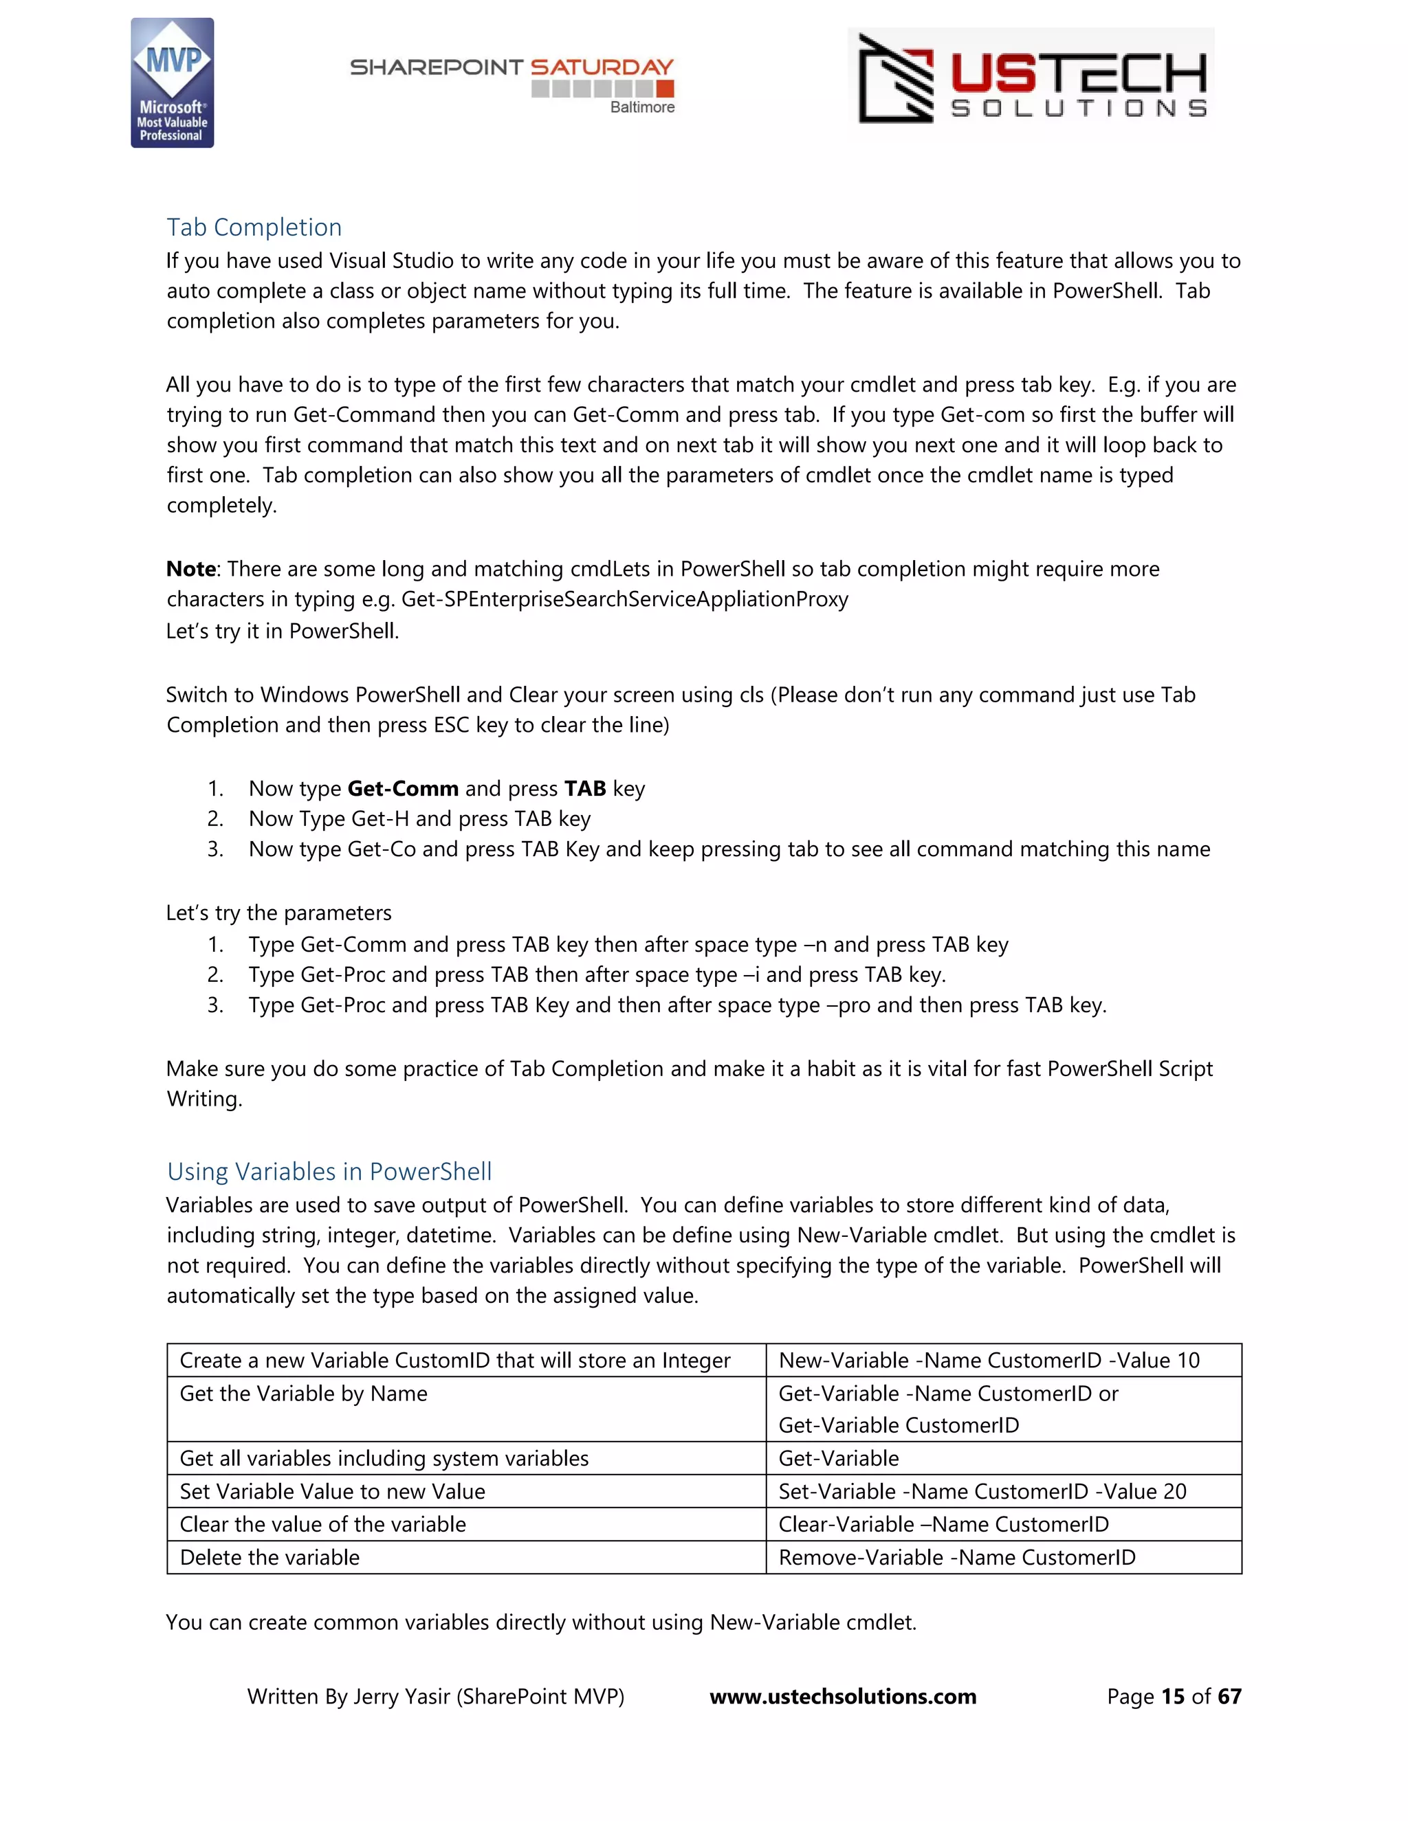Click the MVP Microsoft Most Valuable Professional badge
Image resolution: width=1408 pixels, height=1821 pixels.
point(172,83)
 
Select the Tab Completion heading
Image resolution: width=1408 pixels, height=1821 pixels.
point(254,227)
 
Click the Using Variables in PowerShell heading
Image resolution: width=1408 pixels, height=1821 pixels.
point(329,1172)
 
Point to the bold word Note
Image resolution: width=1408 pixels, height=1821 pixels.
point(191,569)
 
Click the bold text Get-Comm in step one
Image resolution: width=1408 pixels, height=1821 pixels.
point(403,789)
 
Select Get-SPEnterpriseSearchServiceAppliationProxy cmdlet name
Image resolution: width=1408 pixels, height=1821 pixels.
point(624,599)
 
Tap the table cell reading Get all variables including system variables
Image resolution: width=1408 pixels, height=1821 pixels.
point(384,1458)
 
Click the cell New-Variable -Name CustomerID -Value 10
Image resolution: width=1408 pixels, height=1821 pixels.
point(989,1361)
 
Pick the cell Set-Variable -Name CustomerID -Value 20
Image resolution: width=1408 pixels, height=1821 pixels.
point(982,1492)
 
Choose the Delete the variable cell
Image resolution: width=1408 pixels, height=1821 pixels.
point(269,1558)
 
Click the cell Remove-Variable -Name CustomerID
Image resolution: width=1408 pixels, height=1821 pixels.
point(957,1558)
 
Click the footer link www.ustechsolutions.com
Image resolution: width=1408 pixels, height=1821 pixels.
point(842,1697)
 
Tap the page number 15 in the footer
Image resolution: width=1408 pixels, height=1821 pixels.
point(1172,1697)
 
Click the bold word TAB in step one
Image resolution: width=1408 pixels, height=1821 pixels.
point(585,789)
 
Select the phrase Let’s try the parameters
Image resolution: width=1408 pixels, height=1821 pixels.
point(278,913)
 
